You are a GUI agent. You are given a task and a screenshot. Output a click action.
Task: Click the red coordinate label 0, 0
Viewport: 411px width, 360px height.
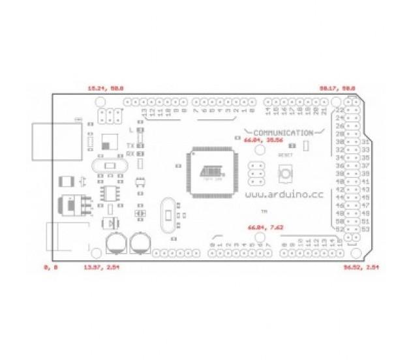point(50,267)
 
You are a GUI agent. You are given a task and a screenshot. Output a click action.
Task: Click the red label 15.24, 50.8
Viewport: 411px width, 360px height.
point(106,87)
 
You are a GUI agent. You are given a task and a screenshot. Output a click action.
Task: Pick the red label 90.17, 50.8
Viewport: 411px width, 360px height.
point(337,87)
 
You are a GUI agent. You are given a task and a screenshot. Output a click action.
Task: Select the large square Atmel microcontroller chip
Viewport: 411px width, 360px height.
point(207,171)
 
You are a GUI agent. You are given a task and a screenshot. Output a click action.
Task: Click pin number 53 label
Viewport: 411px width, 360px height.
point(365,230)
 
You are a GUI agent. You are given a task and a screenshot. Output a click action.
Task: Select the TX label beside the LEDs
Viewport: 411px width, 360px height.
point(130,145)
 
